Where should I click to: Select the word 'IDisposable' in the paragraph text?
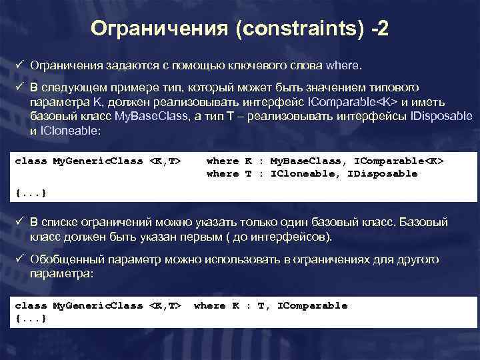click(x=441, y=116)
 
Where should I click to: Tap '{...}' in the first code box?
click(x=31, y=193)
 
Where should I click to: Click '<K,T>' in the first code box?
click(x=165, y=161)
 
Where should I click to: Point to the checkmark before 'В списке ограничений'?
click(x=20, y=222)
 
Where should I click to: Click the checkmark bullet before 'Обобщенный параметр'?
click(x=20, y=259)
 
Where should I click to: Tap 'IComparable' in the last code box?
click(x=313, y=305)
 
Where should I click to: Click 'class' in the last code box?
click(x=31, y=305)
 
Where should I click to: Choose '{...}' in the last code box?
click(x=31, y=318)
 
